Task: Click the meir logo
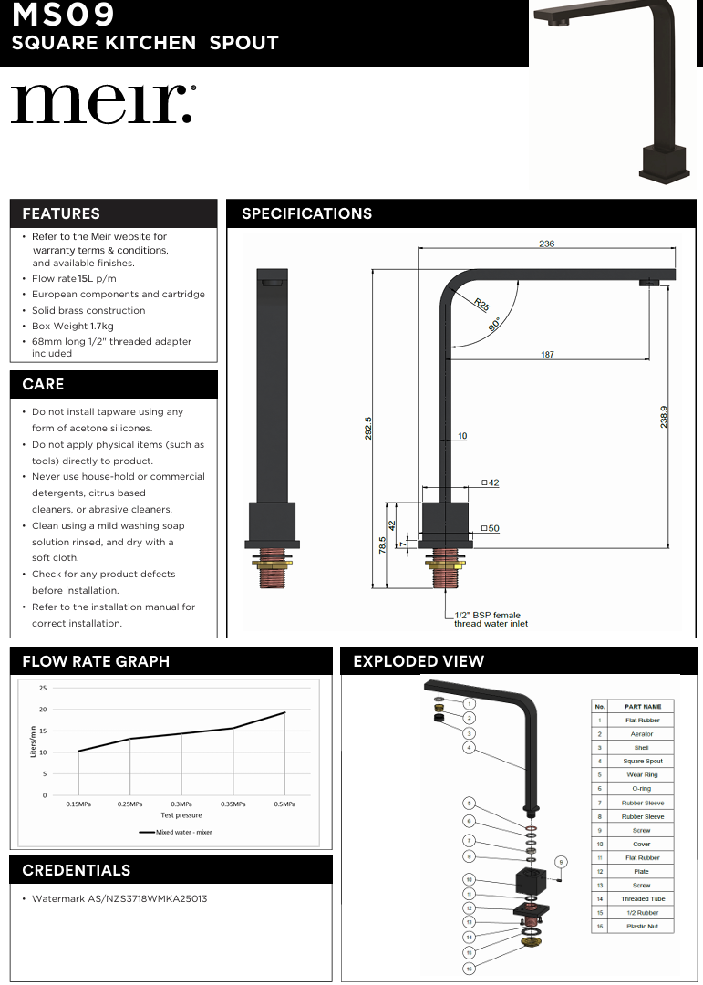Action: [102, 105]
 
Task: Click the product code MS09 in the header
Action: [63, 16]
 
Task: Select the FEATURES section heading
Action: [61, 213]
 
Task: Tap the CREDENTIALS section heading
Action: [77, 870]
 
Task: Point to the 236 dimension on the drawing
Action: [546, 244]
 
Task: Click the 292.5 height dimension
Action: [368, 429]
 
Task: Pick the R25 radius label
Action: [481, 303]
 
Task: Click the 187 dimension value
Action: [547, 354]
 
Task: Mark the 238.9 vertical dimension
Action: [665, 416]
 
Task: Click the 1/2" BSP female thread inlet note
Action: [491, 619]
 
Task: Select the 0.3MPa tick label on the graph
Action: [181, 804]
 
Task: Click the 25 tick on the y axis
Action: [43, 688]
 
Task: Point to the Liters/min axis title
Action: [33, 741]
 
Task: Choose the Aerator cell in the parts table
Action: [642, 733]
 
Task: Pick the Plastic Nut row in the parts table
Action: [642, 926]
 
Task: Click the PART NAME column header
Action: [643, 706]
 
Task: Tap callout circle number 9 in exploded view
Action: [562, 861]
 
